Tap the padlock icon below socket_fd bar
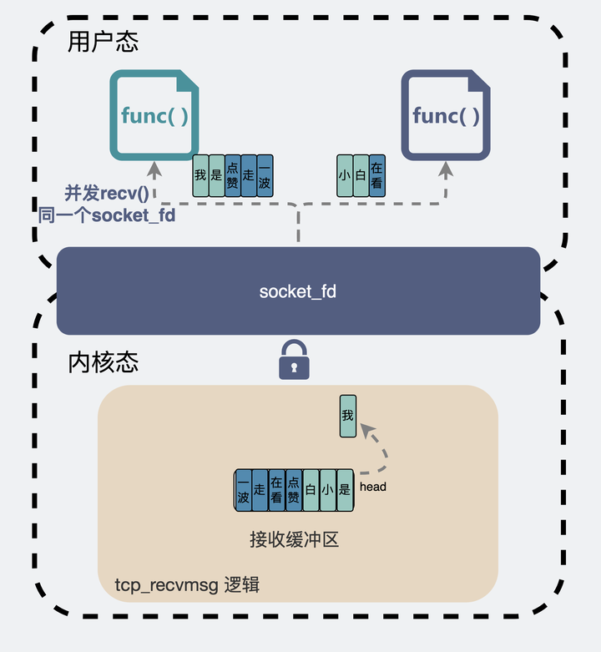(x=294, y=360)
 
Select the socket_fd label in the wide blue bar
(x=298, y=291)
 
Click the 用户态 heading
(x=103, y=42)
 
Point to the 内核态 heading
(x=103, y=362)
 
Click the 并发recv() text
(x=106, y=194)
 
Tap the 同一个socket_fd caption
(x=107, y=215)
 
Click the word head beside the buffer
(x=373, y=487)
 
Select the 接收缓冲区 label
(x=295, y=540)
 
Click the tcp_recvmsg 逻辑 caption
(x=187, y=585)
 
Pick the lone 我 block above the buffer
(x=348, y=416)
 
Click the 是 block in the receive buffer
(x=345, y=490)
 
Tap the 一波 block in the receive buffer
(x=243, y=490)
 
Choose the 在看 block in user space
(x=377, y=175)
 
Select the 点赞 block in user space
(x=232, y=175)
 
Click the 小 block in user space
(x=345, y=175)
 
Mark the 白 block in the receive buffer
(x=311, y=490)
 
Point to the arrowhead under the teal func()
(x=154, y=170)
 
